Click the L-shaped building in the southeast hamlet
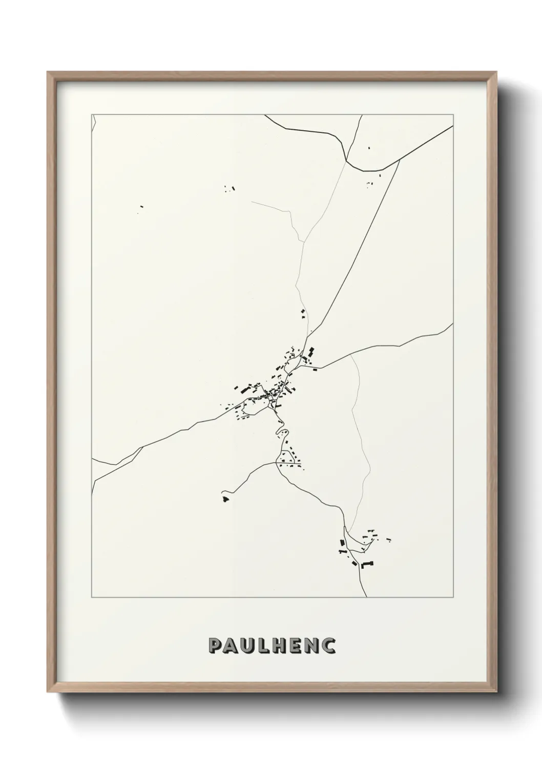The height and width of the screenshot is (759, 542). [367, 565]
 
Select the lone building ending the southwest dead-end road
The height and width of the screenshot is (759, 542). [225, 498]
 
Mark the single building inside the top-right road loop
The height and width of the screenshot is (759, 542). [369, 148]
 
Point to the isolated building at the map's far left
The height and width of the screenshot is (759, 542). [141, 207]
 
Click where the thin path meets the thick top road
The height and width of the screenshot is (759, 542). [346, 159]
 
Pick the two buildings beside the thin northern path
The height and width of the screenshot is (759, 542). [302, 314]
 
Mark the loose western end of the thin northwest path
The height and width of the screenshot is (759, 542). [252, 202]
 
